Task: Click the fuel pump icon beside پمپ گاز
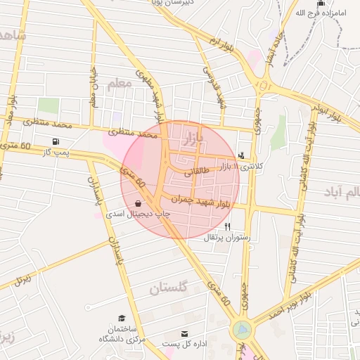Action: pyautogui.click(x=56, y=141)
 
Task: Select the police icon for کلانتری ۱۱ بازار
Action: pyautogui.click(x=242, y=155)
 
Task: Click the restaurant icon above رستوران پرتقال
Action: pyautogui.click(x=227, y=227)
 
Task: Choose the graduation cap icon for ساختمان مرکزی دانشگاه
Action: pyautogui.click(x=122, y=318)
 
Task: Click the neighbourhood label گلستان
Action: pyautogui.click(x=171, y=288)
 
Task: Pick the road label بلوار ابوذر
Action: pyautogui.click(x=328, y=112)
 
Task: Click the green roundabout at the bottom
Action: pyautogui.click(x=241, y=328)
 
